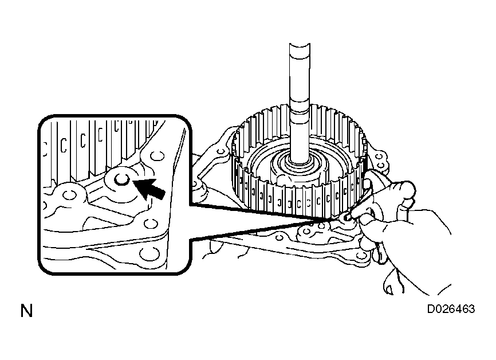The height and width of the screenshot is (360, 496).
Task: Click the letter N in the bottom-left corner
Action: [26, 311]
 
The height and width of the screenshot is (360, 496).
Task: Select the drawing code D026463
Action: [451, 309]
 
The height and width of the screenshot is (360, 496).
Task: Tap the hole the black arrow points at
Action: [122, 179]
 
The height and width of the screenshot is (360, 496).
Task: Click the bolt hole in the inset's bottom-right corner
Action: [147, 253]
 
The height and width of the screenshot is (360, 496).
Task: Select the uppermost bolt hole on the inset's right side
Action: [157, 156]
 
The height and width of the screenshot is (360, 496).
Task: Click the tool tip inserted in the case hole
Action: [347, 217]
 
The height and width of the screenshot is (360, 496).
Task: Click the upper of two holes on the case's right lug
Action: [379, 156]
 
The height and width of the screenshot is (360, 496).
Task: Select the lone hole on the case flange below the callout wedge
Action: [280, 237]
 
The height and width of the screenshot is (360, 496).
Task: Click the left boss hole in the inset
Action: [69, 195]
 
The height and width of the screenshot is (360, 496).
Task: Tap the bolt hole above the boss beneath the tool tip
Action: [321, 226]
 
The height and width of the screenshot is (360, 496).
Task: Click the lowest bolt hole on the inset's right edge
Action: [147, 253]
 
